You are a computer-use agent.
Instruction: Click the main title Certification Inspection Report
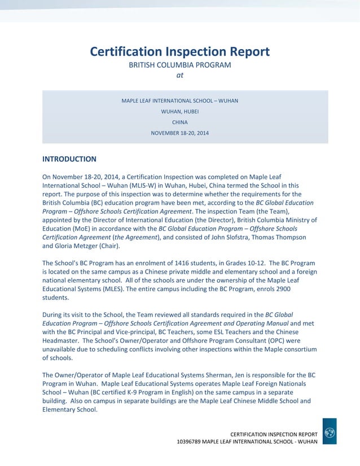[179, 52]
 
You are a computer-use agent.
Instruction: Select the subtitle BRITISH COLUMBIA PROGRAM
[179, 65]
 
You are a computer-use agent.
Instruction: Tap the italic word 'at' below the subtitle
[180, 75]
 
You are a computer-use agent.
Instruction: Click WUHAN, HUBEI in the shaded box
[179, 111]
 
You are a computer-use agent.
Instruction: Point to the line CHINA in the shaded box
[179, 122]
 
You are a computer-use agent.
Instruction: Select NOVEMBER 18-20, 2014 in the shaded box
[179, 133]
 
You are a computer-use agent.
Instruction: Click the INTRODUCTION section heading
[69, 159]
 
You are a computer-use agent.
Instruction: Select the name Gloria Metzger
[79, 246]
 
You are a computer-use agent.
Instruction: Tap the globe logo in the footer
[330, 432]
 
